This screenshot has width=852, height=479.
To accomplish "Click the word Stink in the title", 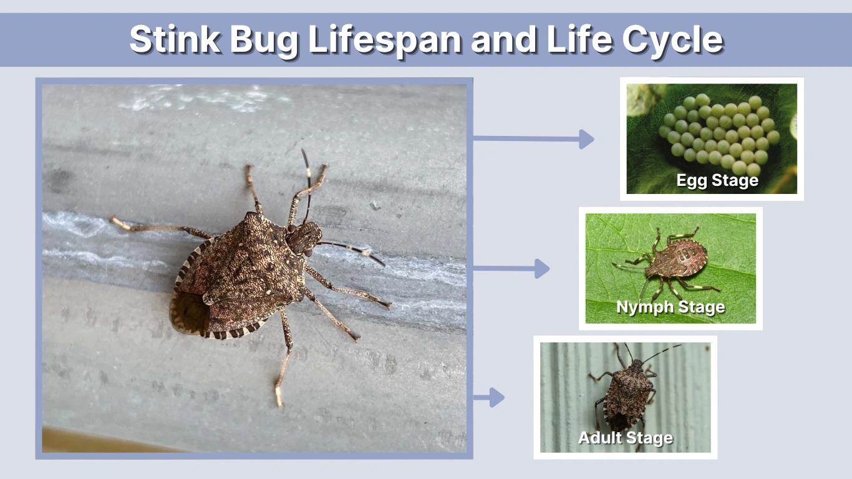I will pyautogui.click(x=174, y=40).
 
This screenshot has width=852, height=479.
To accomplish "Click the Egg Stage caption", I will pyautogui.click(x=717, y=181).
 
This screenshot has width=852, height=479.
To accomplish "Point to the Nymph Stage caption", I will pyautogui.click(x=670, y=307).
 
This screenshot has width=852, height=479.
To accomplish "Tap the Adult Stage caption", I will pyautogui.click(x=626, y=438).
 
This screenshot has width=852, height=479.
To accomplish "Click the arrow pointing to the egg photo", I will pyautogui.click(x=533, y=139).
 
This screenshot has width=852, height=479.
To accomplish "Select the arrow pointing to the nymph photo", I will pyautogui.click(x=511, y=269).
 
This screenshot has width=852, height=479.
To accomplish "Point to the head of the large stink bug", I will pyautogui.click(x=305, y=238).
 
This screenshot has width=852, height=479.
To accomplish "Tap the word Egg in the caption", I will pyautogui.click(x=690, y=181).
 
